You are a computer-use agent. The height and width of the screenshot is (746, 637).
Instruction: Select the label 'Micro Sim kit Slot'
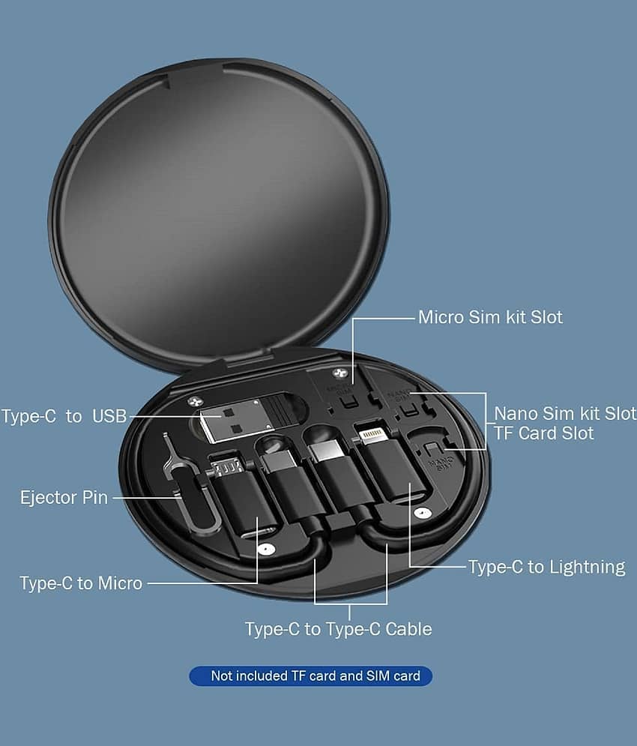click(x=490, y=317)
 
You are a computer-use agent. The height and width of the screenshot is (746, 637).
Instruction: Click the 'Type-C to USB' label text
click(x=64, y=416)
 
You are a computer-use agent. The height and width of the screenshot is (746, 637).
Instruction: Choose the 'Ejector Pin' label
click(x=64, y=498)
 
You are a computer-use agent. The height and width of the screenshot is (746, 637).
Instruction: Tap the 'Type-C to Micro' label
click(x=81, y=583)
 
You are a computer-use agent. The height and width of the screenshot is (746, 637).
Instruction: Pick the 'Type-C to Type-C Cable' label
click(x=338, y=629)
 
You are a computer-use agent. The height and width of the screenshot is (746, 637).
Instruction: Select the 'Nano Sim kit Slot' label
click(x=565, y=413)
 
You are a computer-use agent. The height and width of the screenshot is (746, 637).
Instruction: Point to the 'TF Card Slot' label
click(x=544, y=433)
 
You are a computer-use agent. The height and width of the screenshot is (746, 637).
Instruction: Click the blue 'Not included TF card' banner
click(x=311, y=676)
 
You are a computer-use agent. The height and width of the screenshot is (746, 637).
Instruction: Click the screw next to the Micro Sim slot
click(x=339, y=373)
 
